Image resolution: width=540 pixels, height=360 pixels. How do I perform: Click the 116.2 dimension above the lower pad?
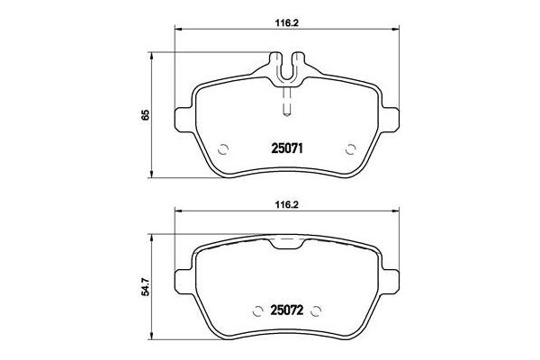[x=287, y=202]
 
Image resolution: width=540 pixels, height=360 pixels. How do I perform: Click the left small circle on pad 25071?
[x=225, y=149]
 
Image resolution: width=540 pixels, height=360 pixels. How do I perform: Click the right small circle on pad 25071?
[x=349, y=149]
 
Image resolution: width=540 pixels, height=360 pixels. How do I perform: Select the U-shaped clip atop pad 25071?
[x=287, y=68]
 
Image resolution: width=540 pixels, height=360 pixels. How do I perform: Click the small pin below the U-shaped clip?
[x=287, y=106]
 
